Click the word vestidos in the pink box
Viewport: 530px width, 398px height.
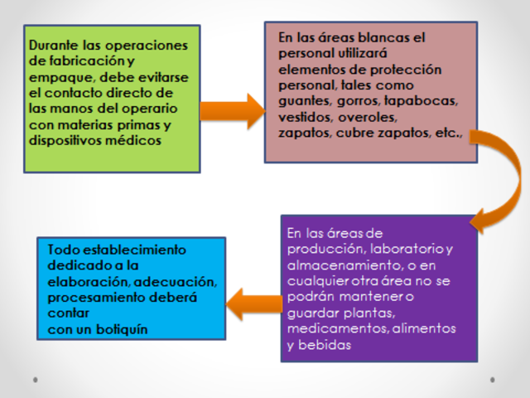[x=306, y=116]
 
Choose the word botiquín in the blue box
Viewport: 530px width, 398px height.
[x=115, y=329]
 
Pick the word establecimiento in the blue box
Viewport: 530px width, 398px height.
[x=128, y=250]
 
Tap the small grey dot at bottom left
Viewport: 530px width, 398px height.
[x=35, y=380]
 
